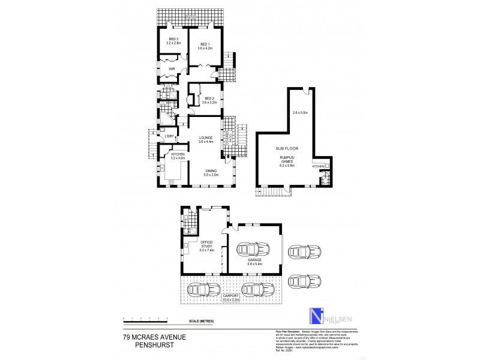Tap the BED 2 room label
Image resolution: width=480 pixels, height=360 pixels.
coord(209,100)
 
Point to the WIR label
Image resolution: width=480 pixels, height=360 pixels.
coord(172,69)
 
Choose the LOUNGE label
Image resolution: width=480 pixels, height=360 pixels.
coord(206,139)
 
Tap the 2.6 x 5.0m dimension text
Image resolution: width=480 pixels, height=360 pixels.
coord(300,113)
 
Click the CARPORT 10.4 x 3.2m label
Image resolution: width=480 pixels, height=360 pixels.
coord(232,298)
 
